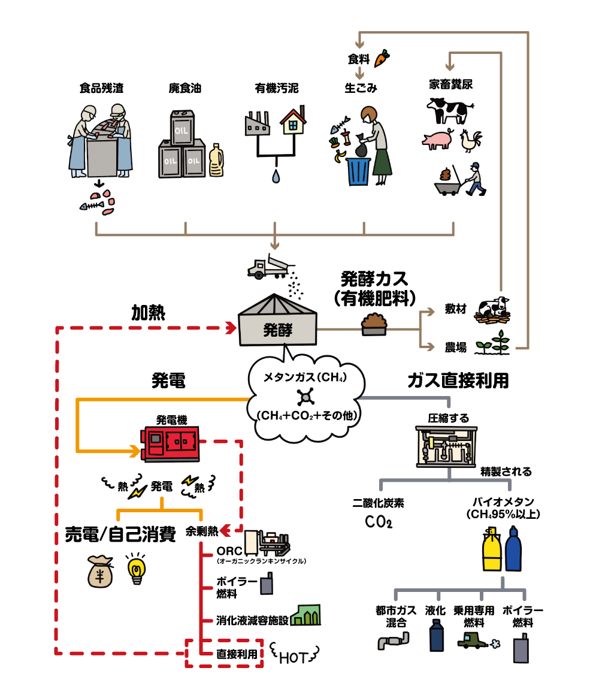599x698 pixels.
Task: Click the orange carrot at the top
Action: point(381,58)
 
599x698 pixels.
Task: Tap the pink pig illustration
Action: point(438,140)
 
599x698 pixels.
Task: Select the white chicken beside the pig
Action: point(470,141)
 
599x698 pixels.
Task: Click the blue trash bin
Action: point(359,171)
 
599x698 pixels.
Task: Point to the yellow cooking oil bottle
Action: point(216,161)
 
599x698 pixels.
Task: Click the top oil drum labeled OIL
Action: point(182,128)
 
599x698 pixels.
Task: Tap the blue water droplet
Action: point(275,177)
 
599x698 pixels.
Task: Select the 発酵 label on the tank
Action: point(278,330)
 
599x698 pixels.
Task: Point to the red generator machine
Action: point(171,443)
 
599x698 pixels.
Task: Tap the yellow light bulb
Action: point(137,569)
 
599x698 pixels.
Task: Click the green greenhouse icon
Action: point(305,615)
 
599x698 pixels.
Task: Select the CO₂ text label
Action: point(379,522)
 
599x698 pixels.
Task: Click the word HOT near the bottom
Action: point(294,657)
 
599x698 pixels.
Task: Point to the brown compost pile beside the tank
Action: point(374,324)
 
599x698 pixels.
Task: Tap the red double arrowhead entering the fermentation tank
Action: point(231,328)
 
